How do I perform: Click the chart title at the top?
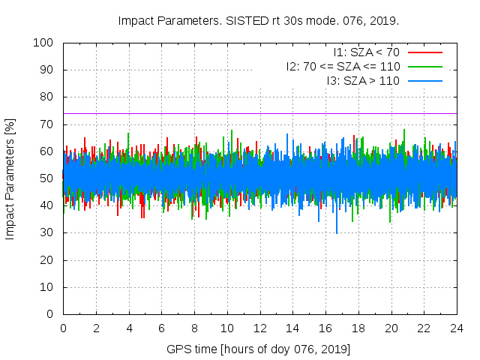coord(259,20)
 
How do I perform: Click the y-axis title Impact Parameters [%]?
coord(10,178)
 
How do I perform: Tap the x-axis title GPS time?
coord(259,349)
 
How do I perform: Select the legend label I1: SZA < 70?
coord(366,52)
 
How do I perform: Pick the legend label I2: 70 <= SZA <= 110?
coord(343,66)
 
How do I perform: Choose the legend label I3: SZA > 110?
coord(363,79)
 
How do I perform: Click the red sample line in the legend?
coord(424,52)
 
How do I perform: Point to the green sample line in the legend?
coord(424,66)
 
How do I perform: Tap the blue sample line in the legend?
coord(424,79)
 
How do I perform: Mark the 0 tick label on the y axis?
coord(52,314)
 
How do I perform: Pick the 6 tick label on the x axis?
coord(162,328)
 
